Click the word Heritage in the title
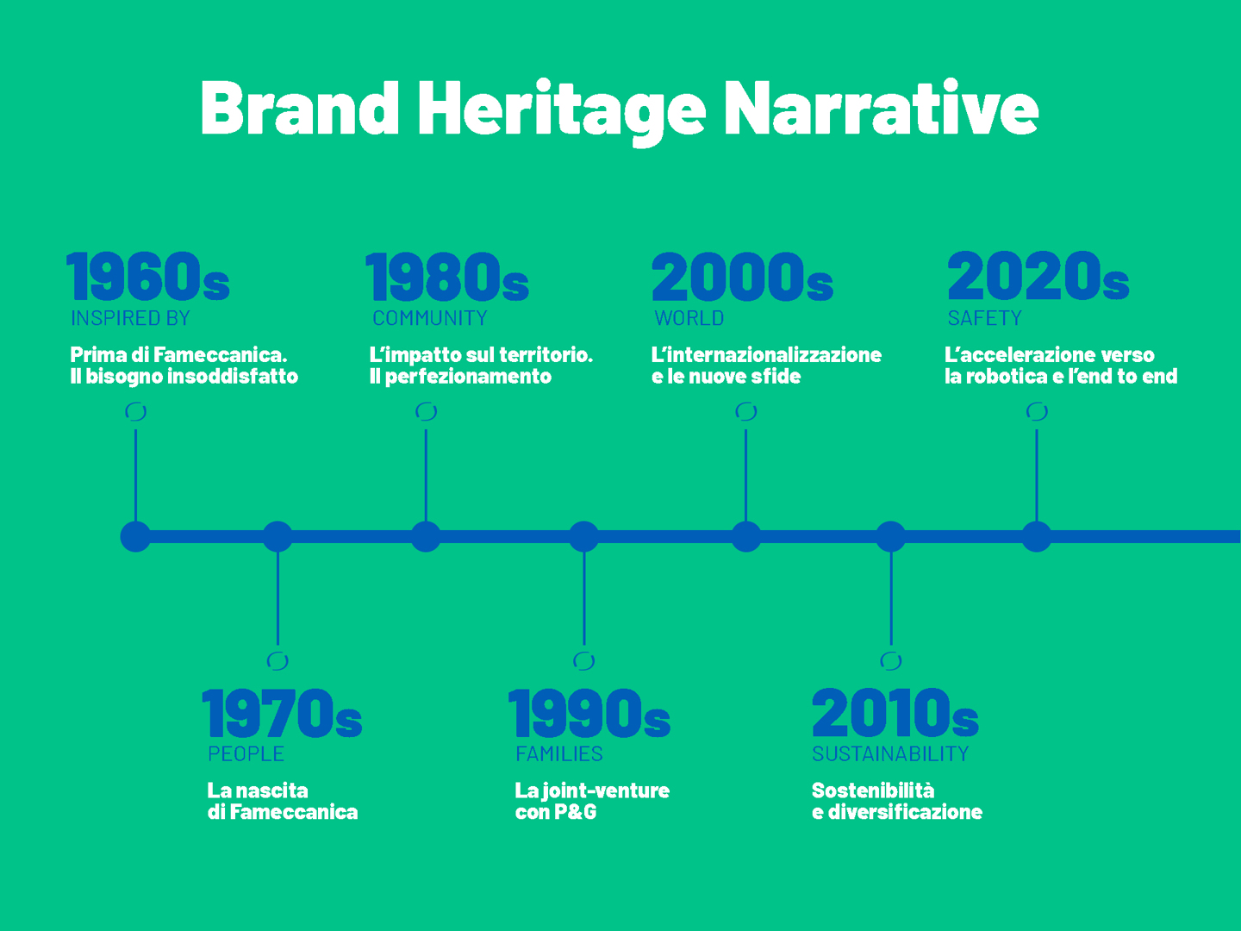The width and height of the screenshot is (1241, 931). click(x=561, y=111)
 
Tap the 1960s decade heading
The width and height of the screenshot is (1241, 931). click(x=148, y=276)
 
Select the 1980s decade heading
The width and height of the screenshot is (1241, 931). click(x=447, y=276)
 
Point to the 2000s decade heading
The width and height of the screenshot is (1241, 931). click(x=742, y=276)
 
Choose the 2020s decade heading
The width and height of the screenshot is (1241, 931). click(x=1038, y=276)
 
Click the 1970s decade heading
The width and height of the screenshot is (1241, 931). click(x=282, y=713)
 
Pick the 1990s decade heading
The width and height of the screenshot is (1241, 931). click(x=589, y=713)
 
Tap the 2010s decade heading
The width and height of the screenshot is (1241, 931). click(x=895, y=713)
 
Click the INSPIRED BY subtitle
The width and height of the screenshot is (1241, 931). click(x=131, y=318)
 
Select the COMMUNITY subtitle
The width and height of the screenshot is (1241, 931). click(x=430, y=318)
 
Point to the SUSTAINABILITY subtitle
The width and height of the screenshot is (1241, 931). click(x=890, y=753)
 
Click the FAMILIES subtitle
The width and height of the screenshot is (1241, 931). click(x=559, y=753)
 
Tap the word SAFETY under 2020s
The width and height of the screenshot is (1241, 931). click(x=985, y=318)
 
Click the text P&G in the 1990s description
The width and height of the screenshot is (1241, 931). click(x=576, y=812)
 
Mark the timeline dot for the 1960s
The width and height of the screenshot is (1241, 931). click(x=135, y=536)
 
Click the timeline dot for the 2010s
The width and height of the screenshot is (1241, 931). click(x=891, y=536)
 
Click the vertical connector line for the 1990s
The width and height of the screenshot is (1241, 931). click(x=584, y=598)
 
